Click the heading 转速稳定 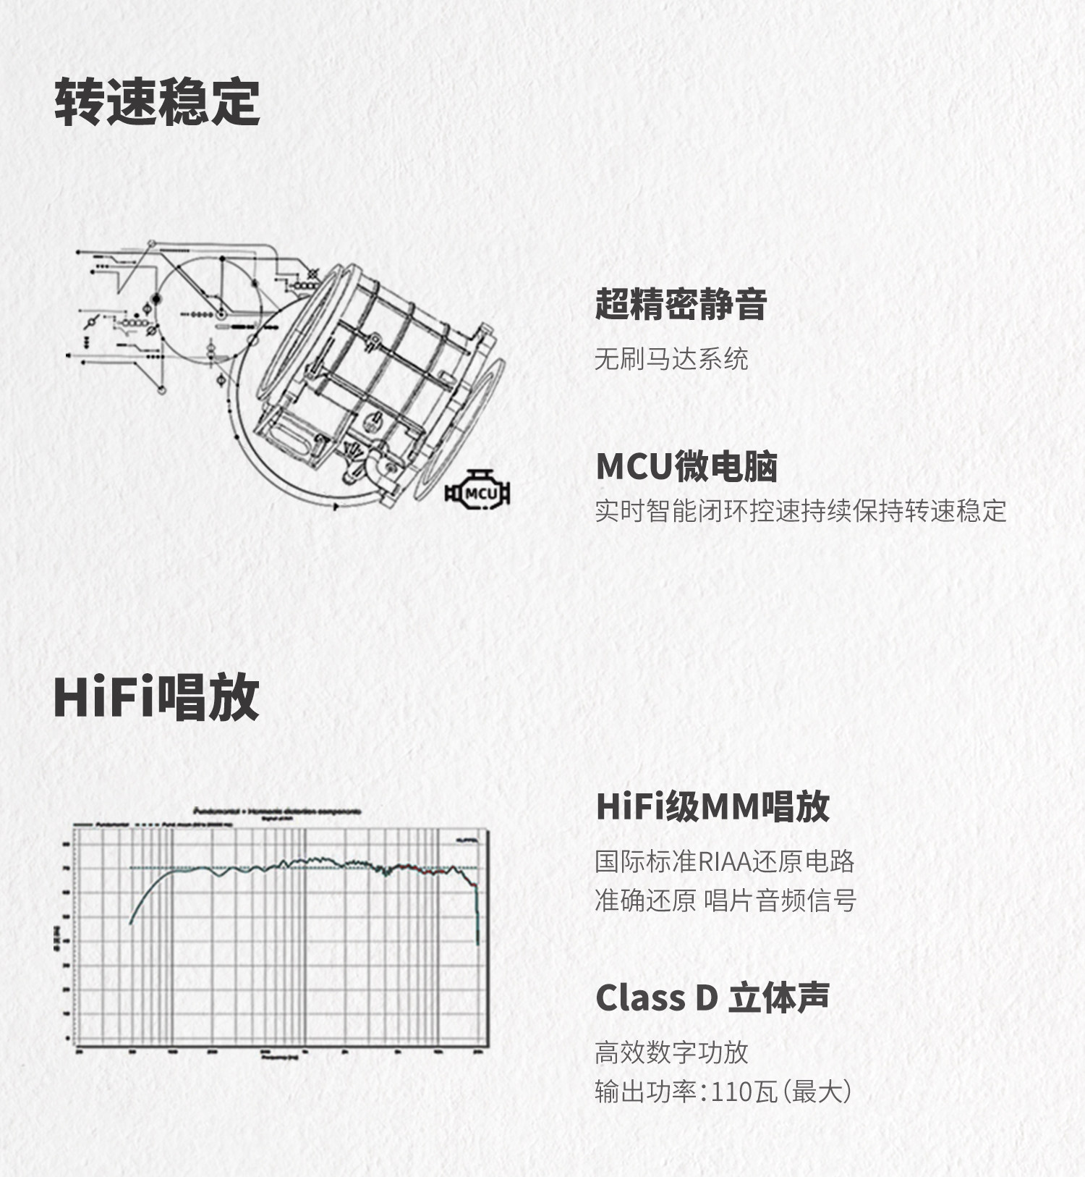(x=157, y=102)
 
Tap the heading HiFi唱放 (x=156, y=696)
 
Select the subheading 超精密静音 (x=680, y=304)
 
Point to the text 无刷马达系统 (x=671, y=358)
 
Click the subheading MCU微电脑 (x=686, y=466)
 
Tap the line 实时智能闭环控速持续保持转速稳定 (x=800, y=511)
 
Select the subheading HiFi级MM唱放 (x=712, y=806)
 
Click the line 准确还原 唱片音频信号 (x=725, y=900)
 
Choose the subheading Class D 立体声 (x=712, y=997)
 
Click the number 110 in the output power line (x=732, y=1092)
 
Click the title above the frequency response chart (x=278, y=811)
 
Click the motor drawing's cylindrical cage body (x=376, y=362)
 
